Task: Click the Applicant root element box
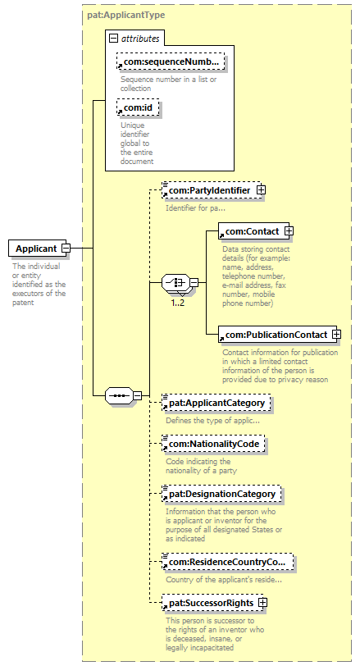click(38, 248)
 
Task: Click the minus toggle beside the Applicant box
click(66, 248)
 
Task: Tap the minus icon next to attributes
click(113, 39)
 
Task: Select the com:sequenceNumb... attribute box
click(171, 62)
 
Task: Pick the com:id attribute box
click(138, 108)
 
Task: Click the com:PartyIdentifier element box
click(213, 190)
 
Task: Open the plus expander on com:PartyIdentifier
click(261, 190)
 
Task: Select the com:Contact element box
click(254, 231)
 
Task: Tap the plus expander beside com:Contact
click(289, 231)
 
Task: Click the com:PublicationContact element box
click(278, 335)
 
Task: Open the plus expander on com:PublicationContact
click(336, 335)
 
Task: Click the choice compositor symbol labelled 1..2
click(175, 282)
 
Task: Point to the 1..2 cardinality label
click(178, 303)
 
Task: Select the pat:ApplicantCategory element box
click(216, 403)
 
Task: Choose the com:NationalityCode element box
click(213, 444)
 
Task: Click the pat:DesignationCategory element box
click(221, 494)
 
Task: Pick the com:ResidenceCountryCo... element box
click(227, 562)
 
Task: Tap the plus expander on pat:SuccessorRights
click(262, 603)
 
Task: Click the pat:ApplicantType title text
click(126, 16)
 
